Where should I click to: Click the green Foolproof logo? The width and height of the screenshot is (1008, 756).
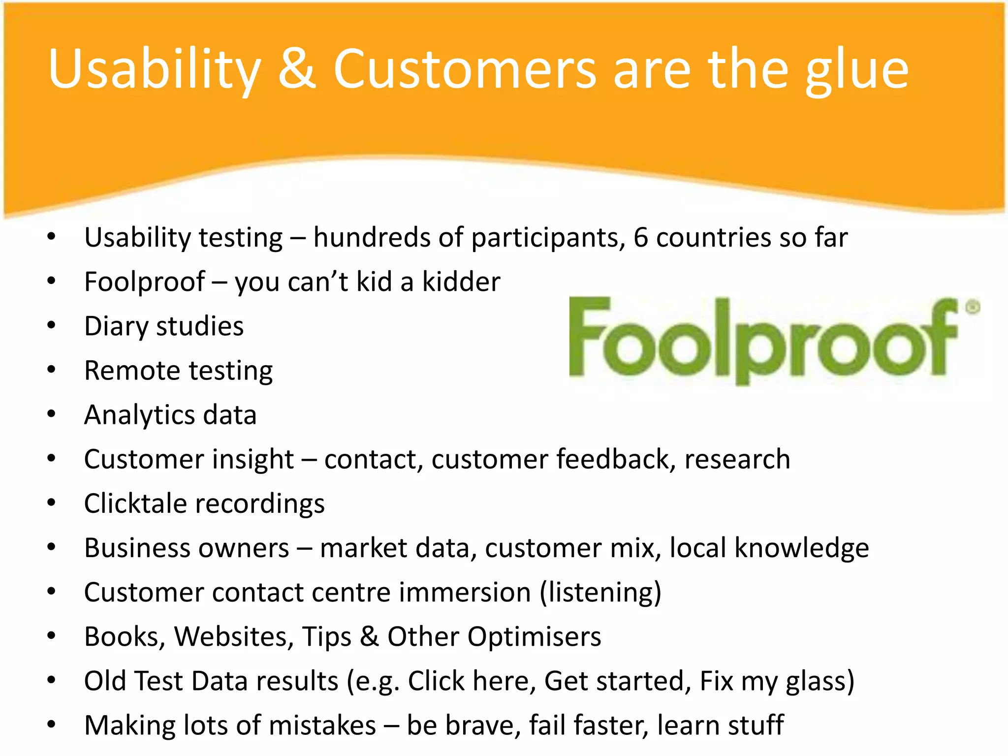[x=763, y=340]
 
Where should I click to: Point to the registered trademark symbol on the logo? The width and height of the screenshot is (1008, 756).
[x=973, y=307]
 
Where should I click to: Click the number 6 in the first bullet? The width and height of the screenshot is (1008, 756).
[x=640, y=237]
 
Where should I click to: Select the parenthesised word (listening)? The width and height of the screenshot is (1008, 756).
[x=600, y=592]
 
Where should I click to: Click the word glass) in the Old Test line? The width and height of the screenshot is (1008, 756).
[x=820, y=682]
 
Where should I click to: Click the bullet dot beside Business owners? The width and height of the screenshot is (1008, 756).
[x=52, y=547]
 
